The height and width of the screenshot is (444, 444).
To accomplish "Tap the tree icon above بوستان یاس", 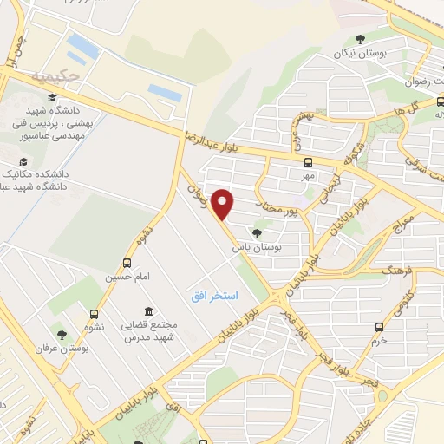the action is point(257,232).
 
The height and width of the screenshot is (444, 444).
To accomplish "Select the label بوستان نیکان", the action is point(359,53).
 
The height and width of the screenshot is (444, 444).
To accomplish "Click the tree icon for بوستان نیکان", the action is point(360,38).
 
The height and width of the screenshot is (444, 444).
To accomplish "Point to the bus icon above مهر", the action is point(307,162).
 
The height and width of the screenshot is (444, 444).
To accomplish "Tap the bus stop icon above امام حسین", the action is point(127,263).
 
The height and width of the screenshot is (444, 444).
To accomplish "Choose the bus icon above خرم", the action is point(379,327).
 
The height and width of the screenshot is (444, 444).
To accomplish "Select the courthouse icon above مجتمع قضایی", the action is point(149,311).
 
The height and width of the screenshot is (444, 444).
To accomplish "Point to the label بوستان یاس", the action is point(257,247).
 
